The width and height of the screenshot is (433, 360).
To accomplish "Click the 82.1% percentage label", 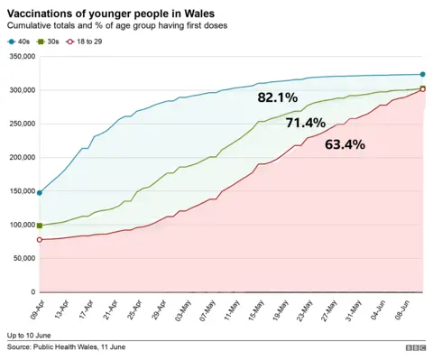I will tap(277, 97).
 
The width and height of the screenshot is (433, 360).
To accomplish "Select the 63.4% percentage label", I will tap(345, 144).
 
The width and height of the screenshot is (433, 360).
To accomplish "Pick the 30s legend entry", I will tap(60, 42).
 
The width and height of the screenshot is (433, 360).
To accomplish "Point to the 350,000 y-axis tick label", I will tap(19, 57).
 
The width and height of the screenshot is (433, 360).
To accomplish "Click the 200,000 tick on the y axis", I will tap(19, 158).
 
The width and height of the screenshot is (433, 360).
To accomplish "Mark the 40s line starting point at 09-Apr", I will tap(40, 192).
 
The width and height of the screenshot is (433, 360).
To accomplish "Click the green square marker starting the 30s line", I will tap(40, 226).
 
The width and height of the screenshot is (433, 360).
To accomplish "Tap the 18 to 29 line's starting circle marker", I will tap(40, 240).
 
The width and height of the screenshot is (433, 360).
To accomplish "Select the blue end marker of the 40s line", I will tap(422, 74).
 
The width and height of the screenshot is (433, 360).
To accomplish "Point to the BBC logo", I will tap(415, 348).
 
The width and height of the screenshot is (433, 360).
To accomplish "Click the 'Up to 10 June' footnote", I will tap(29, 335).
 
